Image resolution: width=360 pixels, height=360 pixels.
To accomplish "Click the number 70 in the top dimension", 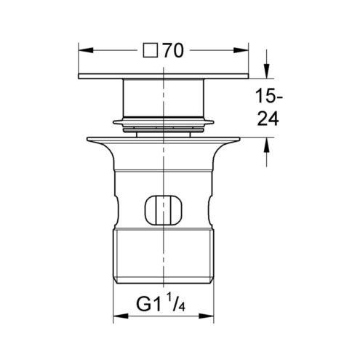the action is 173,51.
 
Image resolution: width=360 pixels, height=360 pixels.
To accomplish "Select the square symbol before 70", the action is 151,50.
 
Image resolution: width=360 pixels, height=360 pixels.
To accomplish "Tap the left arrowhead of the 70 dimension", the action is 86,50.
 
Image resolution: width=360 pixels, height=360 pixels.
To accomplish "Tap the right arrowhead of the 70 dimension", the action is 241,50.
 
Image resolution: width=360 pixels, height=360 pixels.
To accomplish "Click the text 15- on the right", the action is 269,96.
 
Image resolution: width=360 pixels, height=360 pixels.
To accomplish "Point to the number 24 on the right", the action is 268,119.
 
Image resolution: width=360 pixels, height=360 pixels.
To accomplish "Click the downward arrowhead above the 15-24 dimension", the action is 267,71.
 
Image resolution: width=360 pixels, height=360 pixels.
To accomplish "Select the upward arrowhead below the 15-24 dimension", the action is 267,145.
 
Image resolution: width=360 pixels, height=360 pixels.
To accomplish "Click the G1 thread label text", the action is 148,304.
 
